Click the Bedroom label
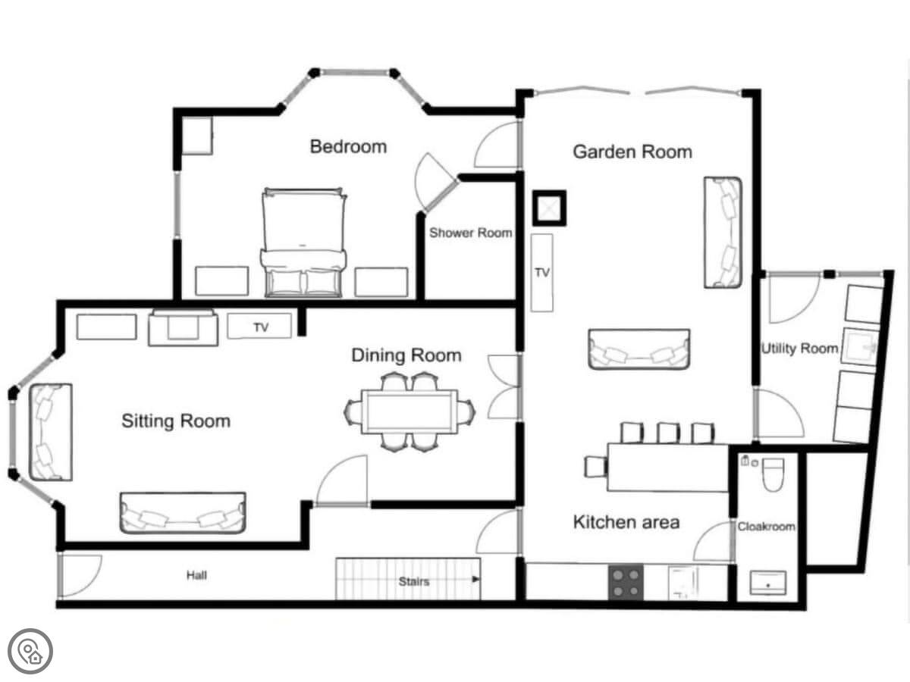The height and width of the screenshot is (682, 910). (x=348, y=147)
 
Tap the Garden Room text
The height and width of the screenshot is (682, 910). (x=632, y=152)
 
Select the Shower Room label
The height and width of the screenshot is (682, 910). (x=471, y=233)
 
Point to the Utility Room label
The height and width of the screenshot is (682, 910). (x=800, y=349)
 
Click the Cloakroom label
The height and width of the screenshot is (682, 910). (x=766, y=527)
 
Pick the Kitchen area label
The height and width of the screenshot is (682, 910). (x=626, y=522)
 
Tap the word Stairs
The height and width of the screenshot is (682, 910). (x=414, y=582)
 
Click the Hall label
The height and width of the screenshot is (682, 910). (x=196, y=575)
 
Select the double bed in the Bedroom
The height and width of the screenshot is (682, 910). (x=303, y=242)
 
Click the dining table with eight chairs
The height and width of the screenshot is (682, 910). (x=409, y=411)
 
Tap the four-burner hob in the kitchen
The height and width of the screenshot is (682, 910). (x=626, y=583)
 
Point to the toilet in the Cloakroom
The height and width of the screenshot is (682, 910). (x=773, y=474)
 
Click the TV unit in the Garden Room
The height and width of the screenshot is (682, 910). (x=542, y=273)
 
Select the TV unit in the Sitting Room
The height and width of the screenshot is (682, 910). (x=259, y=327)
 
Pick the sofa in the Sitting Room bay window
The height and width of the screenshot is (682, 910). (x=51, y=432)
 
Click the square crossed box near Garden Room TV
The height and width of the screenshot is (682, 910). (x=549, y=208)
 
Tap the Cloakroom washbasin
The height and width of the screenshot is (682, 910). (x=767, y=583)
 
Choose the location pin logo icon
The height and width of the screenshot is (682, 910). (x=30, y=652)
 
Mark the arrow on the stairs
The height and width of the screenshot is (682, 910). (x=475, y=579)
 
